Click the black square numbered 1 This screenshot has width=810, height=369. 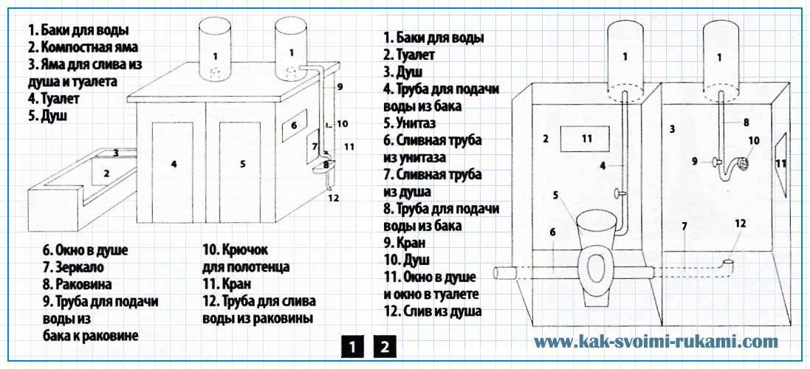point(352,347)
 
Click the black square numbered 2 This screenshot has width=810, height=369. point(385,347)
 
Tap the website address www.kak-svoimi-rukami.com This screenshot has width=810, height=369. point(656,342)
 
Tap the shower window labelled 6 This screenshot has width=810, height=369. point(294,125)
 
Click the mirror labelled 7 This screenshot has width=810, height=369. point(313,147)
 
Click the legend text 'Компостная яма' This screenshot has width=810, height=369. point(89,47)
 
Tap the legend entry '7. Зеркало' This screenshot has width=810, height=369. point(74,267)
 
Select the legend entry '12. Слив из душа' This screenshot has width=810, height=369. point(433,311)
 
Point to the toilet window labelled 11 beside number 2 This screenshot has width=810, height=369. point(586,138)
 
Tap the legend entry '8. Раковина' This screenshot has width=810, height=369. point(78,284)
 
